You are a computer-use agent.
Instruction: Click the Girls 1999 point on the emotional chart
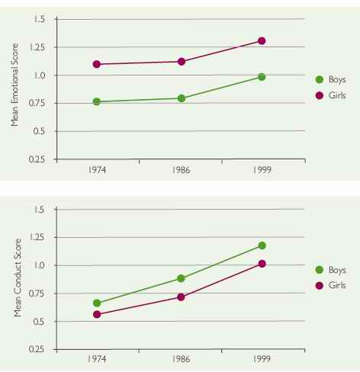tap(262, 41)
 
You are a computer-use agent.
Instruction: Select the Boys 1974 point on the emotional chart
tap(97, 101)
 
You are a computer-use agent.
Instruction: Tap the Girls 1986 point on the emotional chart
tap(182, 61)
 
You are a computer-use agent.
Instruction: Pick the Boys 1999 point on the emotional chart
tap(262, 77)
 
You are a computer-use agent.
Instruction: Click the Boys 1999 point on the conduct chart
tap(262, 245)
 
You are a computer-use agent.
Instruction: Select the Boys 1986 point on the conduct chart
tap(182, 279)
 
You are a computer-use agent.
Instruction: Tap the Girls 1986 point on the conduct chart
tap(182, 297)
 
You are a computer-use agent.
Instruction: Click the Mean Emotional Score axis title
tap(14, 88)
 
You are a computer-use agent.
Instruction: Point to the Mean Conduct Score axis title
tap(14, 278)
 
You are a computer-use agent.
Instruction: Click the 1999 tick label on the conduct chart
tap(262, 360)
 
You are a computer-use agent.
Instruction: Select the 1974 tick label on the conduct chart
tap(97, 360)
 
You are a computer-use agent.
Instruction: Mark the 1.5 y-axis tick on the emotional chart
tap(40, 19)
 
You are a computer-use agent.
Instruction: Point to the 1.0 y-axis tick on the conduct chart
tap(40, 265)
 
